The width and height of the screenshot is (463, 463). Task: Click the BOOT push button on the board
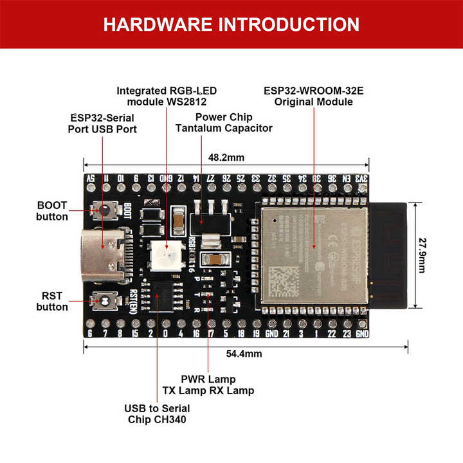[103, 210]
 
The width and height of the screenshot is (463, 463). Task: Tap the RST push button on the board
[103, 300]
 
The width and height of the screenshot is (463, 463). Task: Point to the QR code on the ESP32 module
[282, 280]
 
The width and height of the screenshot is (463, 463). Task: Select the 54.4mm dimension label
[244, 354]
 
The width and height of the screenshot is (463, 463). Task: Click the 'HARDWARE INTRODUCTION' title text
[231, 24]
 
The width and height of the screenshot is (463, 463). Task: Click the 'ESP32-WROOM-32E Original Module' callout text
[313, 96]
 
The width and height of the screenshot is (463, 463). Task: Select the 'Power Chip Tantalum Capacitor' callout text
[224, 122]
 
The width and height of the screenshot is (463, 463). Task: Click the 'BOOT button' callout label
[52, 210]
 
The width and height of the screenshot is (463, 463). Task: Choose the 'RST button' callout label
[52, 300]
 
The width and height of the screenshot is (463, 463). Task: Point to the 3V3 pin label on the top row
[363, 178]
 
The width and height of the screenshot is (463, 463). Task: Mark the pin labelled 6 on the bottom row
[89, 334]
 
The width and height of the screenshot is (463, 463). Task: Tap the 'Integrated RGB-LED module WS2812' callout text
[166, 96]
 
